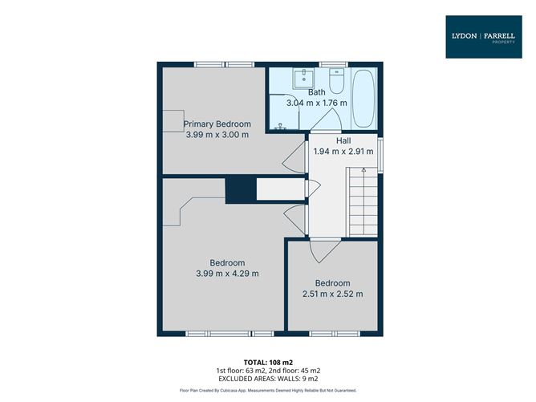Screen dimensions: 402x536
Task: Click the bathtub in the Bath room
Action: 363,99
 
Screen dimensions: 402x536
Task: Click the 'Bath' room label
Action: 316,92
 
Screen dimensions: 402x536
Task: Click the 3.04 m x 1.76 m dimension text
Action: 316,103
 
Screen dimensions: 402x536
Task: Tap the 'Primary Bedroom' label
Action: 217,124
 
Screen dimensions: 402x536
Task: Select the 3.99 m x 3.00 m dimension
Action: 217,135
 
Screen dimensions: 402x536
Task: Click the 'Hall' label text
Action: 343,140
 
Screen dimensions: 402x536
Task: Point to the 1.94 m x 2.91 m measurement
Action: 343,151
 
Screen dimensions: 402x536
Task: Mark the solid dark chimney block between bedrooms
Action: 239,191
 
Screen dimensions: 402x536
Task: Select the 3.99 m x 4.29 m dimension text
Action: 227,274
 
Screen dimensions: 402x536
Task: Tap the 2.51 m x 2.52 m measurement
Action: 332,294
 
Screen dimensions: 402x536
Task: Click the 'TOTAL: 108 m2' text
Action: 267,362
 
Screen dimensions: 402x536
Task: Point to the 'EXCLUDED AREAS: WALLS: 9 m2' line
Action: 267,378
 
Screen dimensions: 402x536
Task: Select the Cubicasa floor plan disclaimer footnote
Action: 267,391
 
